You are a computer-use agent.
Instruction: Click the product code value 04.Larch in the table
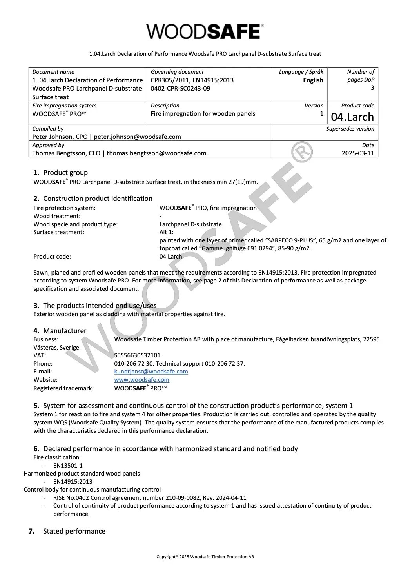[352, 117]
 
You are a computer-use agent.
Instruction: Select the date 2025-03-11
[358, 153]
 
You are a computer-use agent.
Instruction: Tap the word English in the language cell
[313, 80]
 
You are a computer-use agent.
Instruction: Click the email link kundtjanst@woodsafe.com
[151, 372]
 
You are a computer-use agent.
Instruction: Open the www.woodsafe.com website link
[142, 380]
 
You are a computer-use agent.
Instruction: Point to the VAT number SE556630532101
[137, 355]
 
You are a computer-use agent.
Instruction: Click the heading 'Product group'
[65, 173]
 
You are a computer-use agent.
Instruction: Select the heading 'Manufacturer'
[65, 331]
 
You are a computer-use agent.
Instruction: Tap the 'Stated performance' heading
[74, 531]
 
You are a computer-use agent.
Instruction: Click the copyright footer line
[205, 557]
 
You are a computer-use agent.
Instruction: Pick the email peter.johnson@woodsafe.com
[137, 137]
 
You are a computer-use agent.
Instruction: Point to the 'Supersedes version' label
[350, 129]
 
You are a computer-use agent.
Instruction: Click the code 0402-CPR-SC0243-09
[180, 89]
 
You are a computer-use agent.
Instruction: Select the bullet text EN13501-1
[68, 466]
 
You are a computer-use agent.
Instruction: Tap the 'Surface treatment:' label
[59, 232]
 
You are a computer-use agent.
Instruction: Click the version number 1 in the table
[321, 114]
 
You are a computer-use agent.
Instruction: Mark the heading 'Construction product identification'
[98, 199]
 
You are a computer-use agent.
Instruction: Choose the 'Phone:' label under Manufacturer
[43, 364]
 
